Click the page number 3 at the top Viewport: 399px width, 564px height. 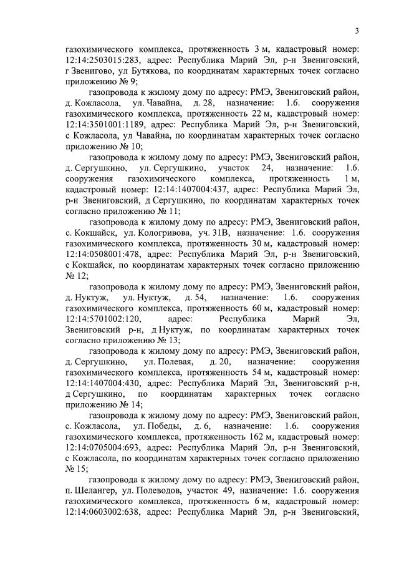pyautogui.click(x=357, y=31)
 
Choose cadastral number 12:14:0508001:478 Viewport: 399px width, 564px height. pyautogui.click(x=104, y=254)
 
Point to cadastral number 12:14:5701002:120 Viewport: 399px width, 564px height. pyautogui.click(x=104, y=318)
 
